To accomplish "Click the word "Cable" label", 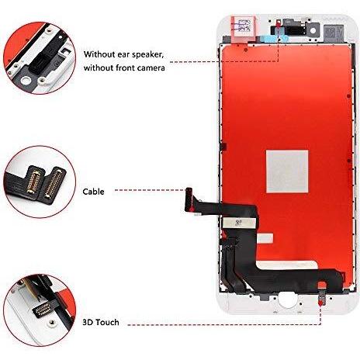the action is (x=93, y=192).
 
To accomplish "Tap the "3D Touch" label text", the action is (x=101, y=322).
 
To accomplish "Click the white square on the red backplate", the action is (x=287, y=171).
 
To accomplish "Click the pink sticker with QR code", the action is (x=244, y=27).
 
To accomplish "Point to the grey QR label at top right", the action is (x=333, y=32).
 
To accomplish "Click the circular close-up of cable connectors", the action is (x=40, y=182).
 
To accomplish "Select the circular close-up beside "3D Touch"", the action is (x=40, y=310).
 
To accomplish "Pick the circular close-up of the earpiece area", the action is (x=40, y=58).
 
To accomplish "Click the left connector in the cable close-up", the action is (x=33, y=181).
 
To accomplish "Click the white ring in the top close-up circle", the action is (x=26, y=81).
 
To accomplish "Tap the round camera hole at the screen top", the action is (x=313, y=30).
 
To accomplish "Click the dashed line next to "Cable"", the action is (x=151, y=190).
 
